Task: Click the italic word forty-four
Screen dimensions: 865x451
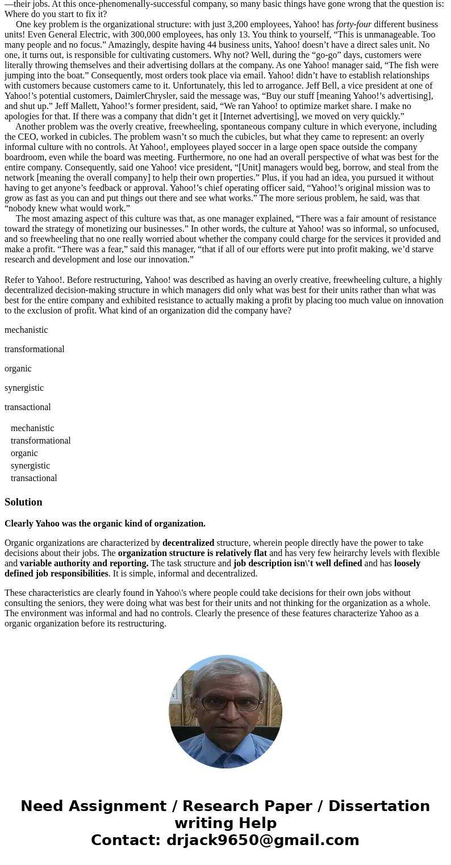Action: [x=353, y=24]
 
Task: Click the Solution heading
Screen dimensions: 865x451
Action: [x=23, y=502]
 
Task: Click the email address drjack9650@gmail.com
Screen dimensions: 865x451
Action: [x=262, y=841]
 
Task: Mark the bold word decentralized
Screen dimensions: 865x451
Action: [x=188, y=543]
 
